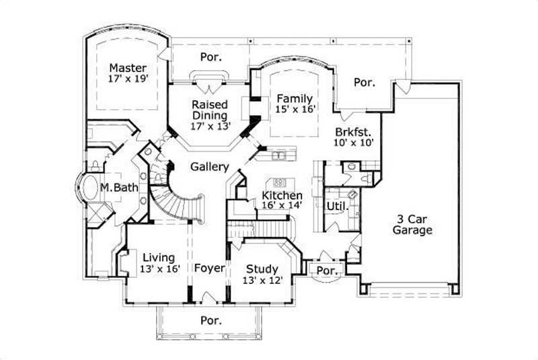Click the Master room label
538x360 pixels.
point(128,68)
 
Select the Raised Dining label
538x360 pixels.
point(210,110)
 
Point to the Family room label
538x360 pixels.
point(294,98)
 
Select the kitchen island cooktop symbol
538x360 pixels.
point(281,182)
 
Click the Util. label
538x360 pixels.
point(336,205)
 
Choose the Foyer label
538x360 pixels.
point(209,268)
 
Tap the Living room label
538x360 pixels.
point(159,257)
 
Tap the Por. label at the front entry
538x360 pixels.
point(210,320)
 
